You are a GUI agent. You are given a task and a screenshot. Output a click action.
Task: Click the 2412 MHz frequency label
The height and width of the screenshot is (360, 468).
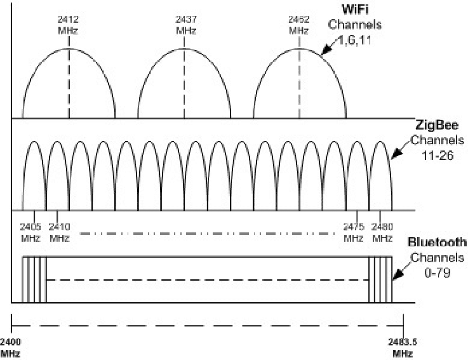68,25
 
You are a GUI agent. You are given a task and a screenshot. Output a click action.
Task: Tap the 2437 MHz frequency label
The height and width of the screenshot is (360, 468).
186,25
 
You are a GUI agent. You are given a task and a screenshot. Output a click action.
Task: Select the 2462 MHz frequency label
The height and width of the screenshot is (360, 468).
298,25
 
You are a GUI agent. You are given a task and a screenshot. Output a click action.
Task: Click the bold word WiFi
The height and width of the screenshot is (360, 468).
355,10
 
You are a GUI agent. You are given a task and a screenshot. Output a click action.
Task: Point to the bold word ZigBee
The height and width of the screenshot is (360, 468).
437,125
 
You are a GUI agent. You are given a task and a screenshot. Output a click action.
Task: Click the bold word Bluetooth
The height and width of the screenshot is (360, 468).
437,242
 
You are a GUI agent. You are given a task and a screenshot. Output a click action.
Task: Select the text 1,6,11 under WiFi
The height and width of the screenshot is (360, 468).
355,40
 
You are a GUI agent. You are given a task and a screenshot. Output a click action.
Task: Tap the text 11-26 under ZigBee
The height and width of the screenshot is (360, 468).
438,155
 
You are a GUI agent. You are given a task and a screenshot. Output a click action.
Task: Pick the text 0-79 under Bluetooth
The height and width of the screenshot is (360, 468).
438,272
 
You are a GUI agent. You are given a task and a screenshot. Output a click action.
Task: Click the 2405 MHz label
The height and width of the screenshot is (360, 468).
30,232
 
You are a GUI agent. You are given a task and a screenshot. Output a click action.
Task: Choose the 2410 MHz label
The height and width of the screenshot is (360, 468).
59,232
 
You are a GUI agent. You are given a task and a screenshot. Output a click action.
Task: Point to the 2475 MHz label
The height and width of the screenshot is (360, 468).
354,232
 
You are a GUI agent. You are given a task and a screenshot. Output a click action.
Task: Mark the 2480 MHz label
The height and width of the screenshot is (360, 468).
382,232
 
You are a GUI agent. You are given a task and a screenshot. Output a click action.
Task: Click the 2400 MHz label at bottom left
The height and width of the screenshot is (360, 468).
10,347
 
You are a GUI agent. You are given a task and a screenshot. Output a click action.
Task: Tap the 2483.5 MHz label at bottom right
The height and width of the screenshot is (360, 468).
403,347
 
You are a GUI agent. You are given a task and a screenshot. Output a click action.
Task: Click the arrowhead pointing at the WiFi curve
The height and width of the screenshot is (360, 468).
326,50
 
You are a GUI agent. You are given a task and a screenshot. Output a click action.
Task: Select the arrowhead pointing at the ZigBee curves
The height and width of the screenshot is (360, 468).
397,153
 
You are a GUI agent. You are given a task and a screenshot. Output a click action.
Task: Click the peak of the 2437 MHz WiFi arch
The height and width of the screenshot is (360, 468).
184,49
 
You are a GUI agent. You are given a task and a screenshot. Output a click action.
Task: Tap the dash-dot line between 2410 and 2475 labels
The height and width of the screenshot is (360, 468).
208,233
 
